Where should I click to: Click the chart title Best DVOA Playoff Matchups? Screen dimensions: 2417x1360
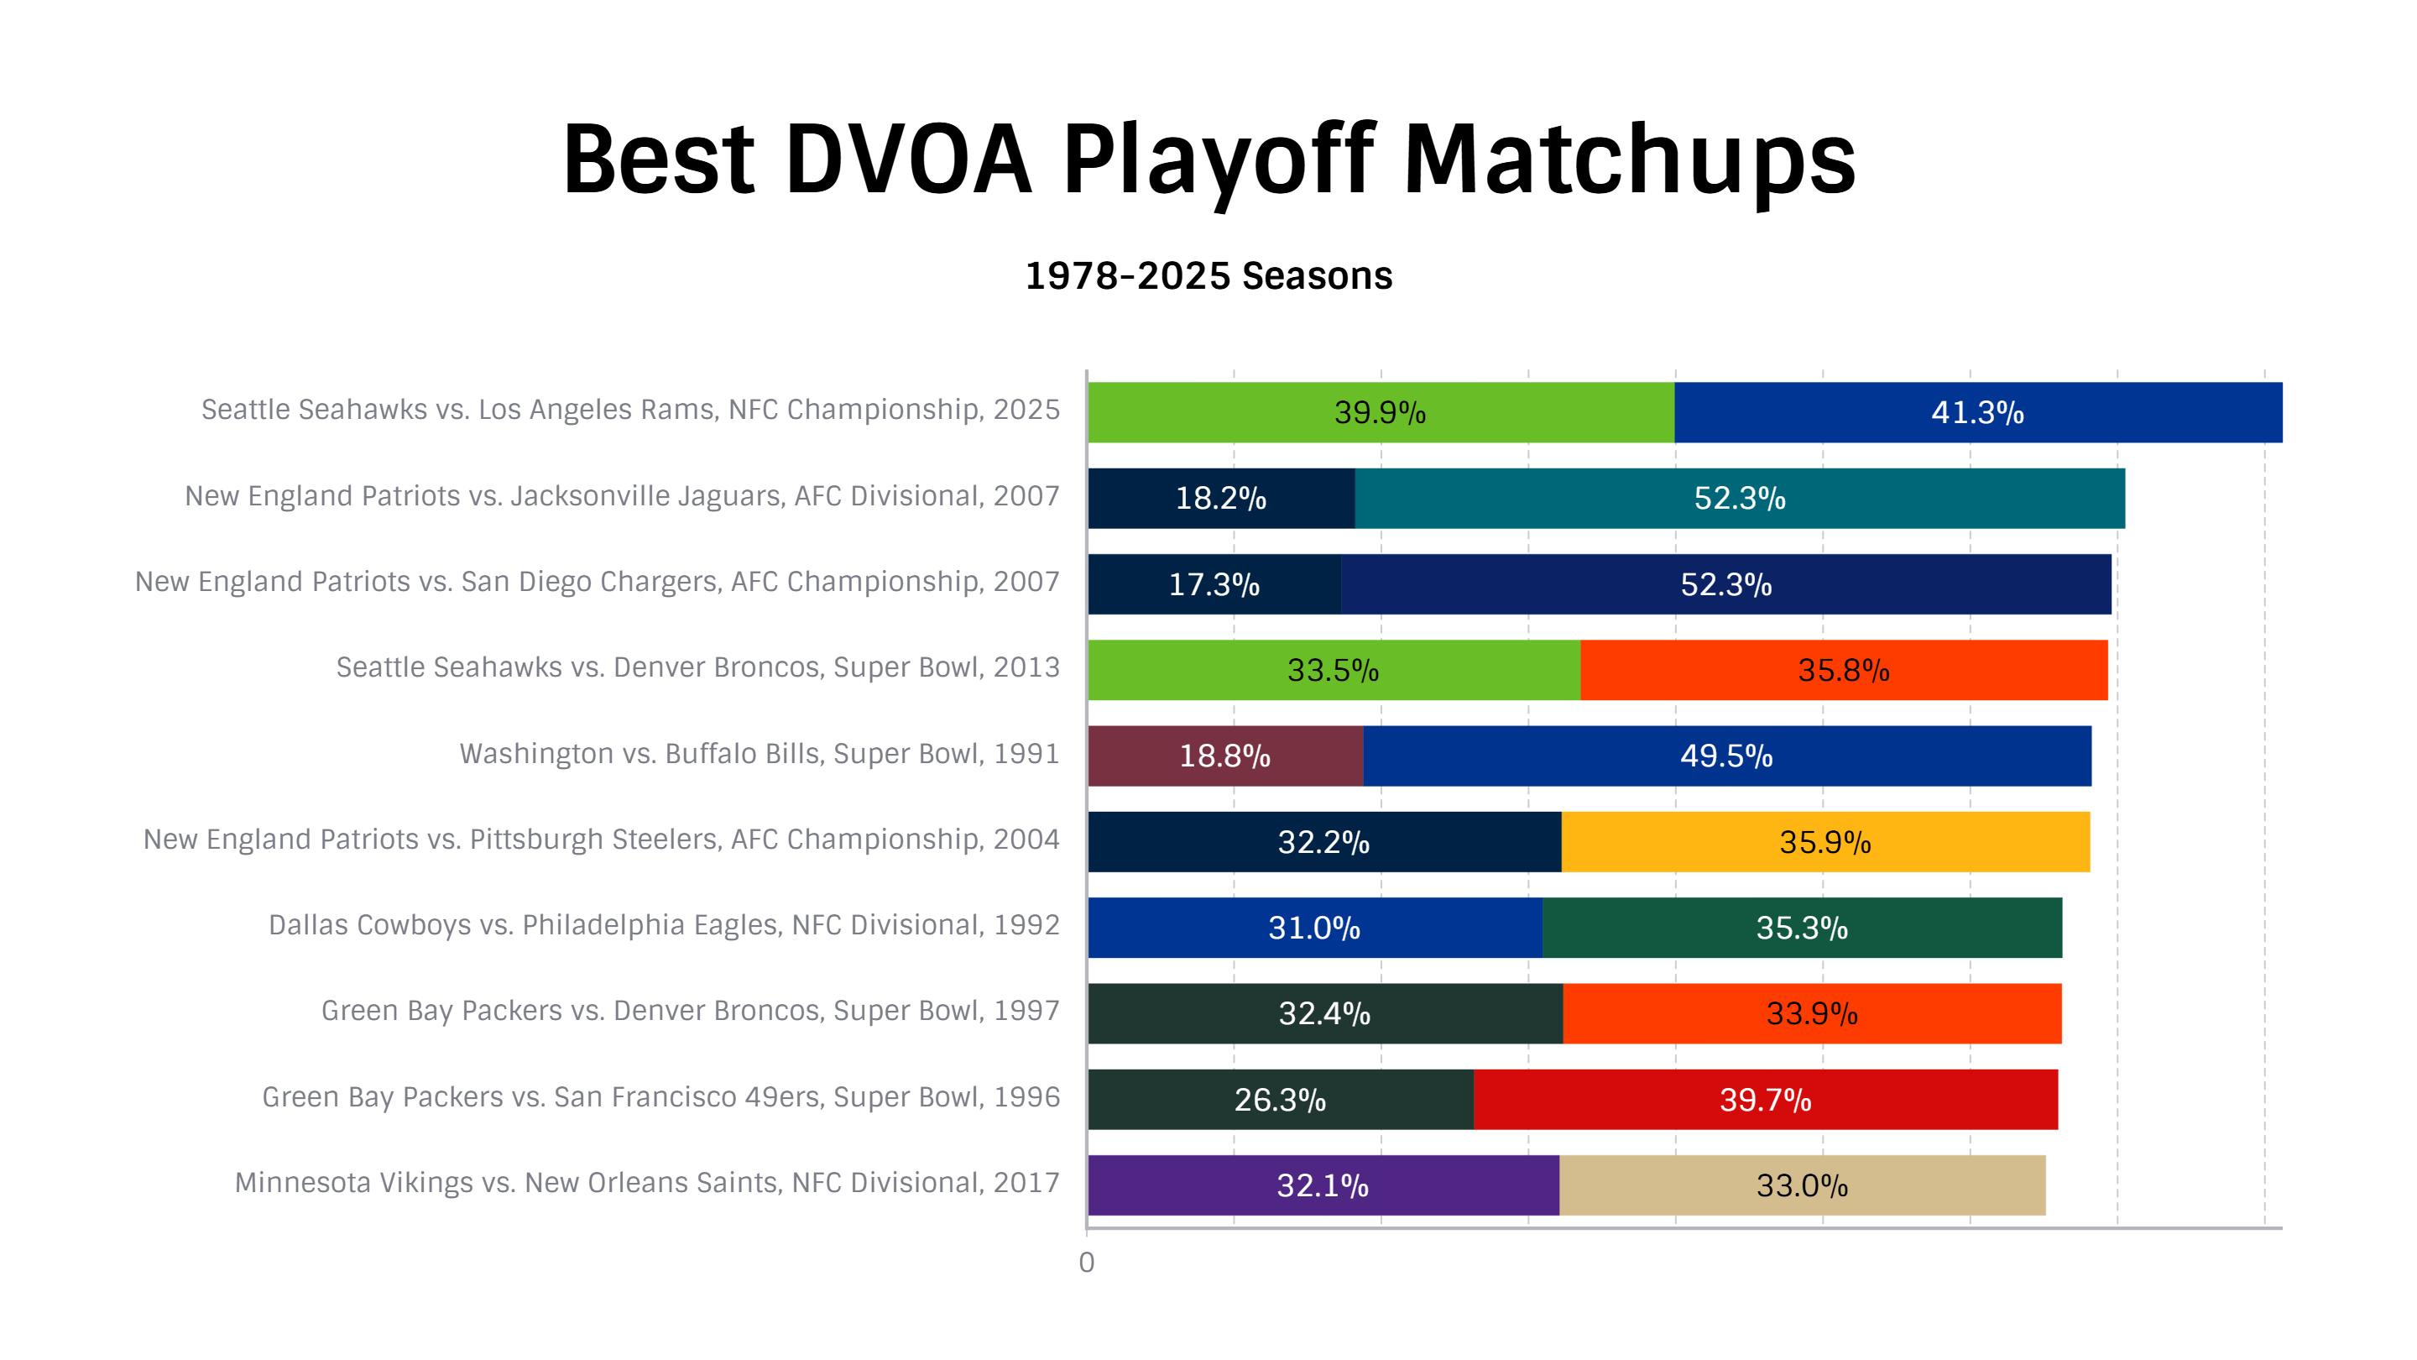point(1208,161)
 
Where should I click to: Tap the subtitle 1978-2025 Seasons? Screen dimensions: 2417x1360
point(1208,276)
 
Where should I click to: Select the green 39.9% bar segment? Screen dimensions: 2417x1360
point(1381,412)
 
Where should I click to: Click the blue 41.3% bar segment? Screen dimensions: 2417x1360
point(1978,412)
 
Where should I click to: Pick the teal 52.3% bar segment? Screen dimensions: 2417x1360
point(1740,499)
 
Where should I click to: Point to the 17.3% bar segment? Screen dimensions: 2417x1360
point(1214,583)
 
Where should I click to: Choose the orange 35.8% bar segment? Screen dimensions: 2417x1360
point(1844,670)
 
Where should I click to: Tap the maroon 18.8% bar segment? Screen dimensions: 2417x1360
point(1225,756)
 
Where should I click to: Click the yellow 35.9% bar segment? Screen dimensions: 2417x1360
point(1826,842)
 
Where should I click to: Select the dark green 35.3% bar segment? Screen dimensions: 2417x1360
point(1803,928)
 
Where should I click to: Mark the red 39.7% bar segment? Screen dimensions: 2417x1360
point(1766,1099)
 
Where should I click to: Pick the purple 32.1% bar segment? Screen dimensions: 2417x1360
point(1324,1185)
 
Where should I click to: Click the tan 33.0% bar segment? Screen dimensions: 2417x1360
point(1803,1185)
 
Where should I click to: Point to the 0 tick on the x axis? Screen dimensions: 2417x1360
point(1087,1263)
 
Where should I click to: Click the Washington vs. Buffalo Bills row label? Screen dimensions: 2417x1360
point(759,754)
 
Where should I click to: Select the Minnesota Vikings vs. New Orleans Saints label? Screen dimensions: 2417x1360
point(646,1183)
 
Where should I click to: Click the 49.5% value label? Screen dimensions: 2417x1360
point(1726,756)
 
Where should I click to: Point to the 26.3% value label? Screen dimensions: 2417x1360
point(1280,1099)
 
